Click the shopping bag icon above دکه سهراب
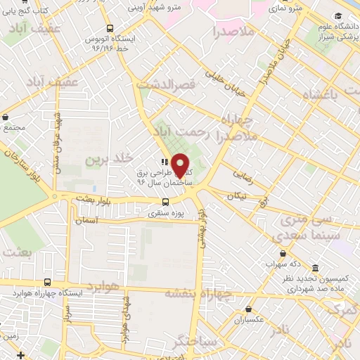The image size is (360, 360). coord(283,254)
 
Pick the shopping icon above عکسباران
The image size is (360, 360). coord(248,309)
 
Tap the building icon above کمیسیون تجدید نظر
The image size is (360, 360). coord(313,269)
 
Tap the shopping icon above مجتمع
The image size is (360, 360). coord(6,117)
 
